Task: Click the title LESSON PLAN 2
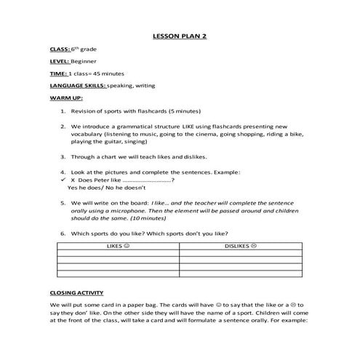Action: (180, 34)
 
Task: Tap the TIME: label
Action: (58, 73)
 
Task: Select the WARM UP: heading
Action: (64, 97)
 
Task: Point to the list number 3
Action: (63, 156)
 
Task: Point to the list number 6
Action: (63, 233)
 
